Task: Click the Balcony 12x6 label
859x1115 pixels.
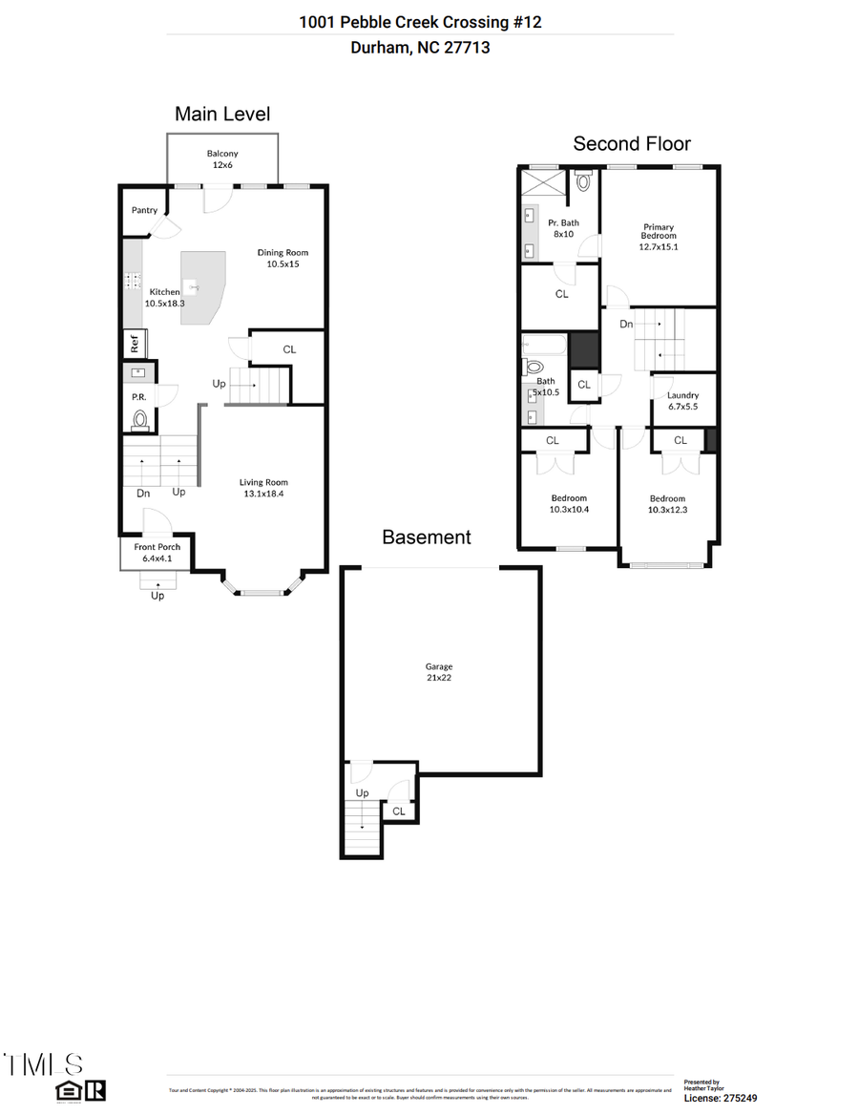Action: point(222,158)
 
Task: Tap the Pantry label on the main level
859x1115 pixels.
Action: point(145,210)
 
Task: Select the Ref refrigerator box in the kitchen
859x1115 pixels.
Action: point(135,342)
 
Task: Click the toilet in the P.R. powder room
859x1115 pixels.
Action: point(140,418)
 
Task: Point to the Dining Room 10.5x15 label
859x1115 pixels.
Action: point(283,258)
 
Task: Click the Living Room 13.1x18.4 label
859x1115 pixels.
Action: point(263,488)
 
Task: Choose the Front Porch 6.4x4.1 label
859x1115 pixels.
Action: point(157,552)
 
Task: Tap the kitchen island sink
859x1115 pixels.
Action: point(192,285)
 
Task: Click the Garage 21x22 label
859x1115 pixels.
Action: point(439,672)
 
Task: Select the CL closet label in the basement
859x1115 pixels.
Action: point(399,811)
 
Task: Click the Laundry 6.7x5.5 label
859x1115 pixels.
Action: point(683,400)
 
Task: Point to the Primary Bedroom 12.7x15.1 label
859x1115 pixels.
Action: point(659,237)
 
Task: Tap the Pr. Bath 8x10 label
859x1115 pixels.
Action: point(562,228)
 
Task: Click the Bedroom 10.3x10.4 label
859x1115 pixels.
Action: point(569,504)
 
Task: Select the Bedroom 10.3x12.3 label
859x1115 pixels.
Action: point(667,504)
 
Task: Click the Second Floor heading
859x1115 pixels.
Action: point(631,143)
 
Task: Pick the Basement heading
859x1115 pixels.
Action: point(426,537)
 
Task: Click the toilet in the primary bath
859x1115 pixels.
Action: point(583,181)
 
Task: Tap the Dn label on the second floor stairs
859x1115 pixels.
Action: point(626,325)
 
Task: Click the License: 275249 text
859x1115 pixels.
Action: point(721,1099)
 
